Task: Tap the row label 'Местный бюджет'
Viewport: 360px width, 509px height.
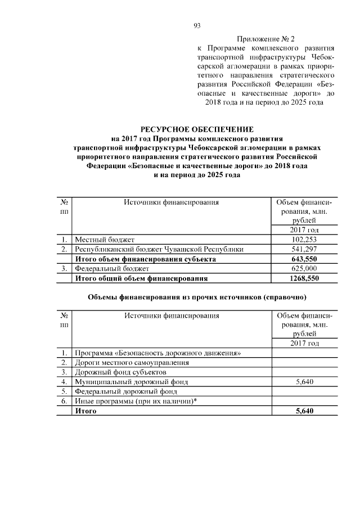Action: [x=105, y=240]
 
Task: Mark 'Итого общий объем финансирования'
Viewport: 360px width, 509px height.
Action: [x=142, y=278]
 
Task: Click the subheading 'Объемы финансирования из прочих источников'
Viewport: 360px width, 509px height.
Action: [x=197, y=296]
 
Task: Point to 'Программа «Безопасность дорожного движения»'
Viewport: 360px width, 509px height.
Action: [x=158, y=353]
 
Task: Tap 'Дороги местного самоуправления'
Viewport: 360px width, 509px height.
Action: [x=132, y=363]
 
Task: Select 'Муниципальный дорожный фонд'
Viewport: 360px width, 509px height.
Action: [x=131, y=382]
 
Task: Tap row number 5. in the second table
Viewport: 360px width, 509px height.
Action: [x=65, y=391]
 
